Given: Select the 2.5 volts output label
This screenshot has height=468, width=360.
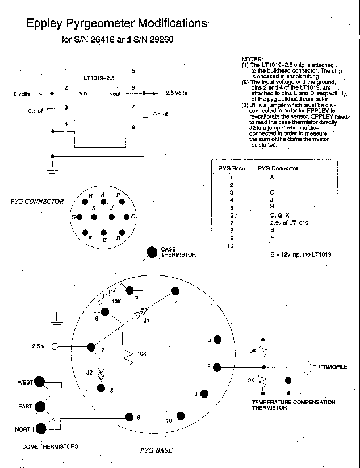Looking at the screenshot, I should [176, 93].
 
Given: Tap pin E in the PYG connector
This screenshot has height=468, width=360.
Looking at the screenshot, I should [104, 233].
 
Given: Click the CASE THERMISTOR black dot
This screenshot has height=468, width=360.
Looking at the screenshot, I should [152, 252].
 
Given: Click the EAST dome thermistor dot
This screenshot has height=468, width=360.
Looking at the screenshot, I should [41, 406].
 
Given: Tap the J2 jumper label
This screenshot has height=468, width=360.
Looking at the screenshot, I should [88, 372].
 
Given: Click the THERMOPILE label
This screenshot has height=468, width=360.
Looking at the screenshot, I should [330, 367].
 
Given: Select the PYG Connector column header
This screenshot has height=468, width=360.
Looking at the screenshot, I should [278, 168].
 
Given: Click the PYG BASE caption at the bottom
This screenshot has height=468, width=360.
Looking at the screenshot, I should [156, 450].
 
